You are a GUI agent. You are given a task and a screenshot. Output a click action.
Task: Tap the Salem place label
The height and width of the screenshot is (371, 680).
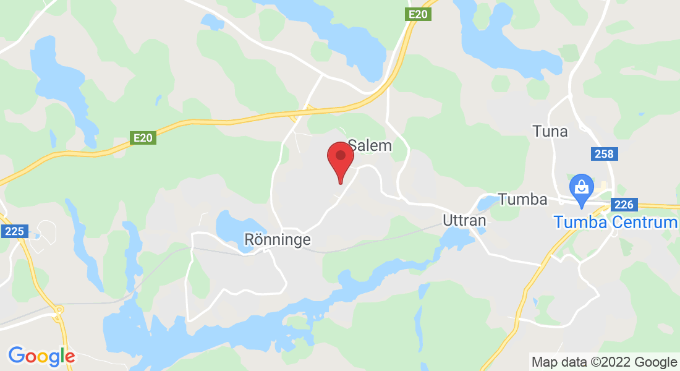pyautogui.click(x=370, y=146)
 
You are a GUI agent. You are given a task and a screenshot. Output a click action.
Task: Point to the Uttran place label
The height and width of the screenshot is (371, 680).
pyautogui.click(x=464, y=220)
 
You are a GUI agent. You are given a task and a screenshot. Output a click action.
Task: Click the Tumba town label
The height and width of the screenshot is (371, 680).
pyautogui.click(x=522, y=200)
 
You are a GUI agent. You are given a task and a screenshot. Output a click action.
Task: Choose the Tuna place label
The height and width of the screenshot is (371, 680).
pyautogui.click(x=550, y=131)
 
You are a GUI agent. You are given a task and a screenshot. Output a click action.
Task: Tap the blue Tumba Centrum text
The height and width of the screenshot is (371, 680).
pyautogui.click(x=616, y=221)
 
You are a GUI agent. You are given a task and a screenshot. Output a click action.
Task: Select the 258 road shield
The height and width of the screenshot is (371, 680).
pyautogui.click(x=603, y=154)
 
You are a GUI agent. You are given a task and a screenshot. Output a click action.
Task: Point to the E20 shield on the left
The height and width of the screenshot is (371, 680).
pyautogui.click(x=143, y=139)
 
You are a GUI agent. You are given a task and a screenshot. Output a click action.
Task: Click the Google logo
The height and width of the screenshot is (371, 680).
pyautogui.click(x=41, y=356)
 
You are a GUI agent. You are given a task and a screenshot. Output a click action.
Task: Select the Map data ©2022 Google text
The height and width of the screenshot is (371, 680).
pyautogui.click(x=604, y=362)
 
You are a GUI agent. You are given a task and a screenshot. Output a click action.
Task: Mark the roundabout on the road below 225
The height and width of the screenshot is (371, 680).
pyautogui.click(x=59, y=310)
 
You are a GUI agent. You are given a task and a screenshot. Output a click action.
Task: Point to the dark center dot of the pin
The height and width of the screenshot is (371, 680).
pyautogui.click(x=340, y=155)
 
